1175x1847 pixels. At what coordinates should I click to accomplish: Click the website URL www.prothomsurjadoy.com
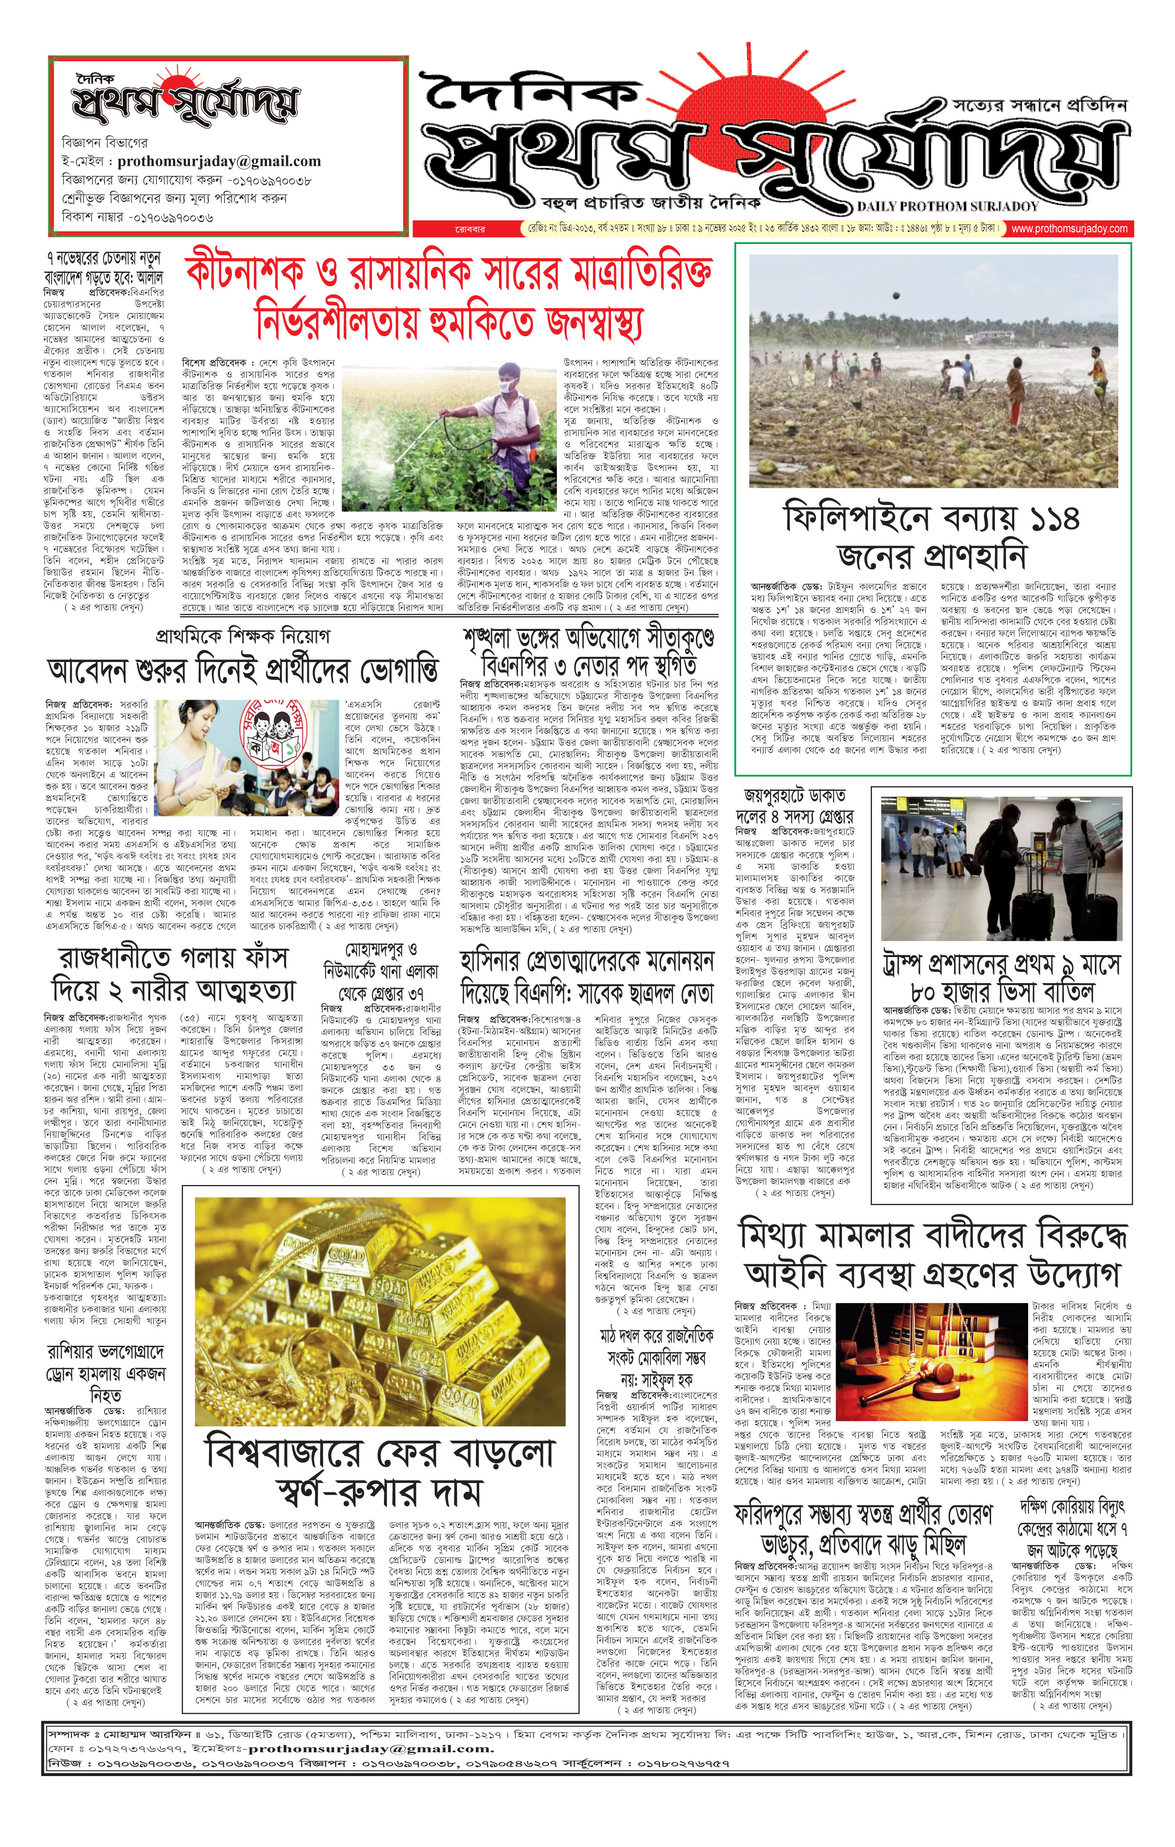(1069, 229)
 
